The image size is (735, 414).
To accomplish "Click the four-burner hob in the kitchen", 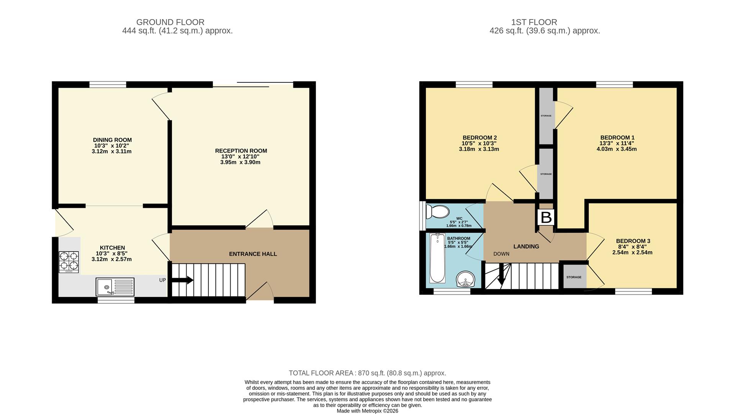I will pos(69,261).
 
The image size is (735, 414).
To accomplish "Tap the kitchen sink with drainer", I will pos(115,287).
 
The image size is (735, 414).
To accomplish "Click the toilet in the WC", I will pos(438,212).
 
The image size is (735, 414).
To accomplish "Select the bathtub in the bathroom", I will pos(437,258).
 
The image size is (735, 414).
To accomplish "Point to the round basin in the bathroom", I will pos(465,279).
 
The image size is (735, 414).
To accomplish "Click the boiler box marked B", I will pos(546,217).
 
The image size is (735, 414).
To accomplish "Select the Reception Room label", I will pos(241,151).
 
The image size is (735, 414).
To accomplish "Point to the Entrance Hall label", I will pos(253,254).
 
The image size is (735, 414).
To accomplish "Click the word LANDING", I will pos(526,246).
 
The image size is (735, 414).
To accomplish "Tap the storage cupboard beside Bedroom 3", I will pos(574,277).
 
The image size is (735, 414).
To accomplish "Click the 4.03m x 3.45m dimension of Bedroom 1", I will pos(617,149).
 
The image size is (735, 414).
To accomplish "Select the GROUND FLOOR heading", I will pos(170,22).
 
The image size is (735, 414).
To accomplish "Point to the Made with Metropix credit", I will pos(367,411).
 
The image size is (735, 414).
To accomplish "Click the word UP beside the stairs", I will pos(162,280).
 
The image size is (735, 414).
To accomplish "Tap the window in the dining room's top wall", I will pos(108,85).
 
